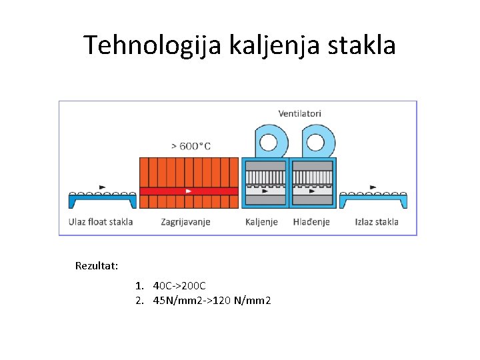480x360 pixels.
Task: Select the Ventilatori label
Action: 299,113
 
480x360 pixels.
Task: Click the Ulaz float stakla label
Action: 101,222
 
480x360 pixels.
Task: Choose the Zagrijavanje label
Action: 185,222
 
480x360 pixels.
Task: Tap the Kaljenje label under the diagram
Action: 261,222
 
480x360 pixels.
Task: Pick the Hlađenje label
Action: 311,222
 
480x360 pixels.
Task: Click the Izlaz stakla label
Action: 377,222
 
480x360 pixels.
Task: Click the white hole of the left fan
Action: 268,143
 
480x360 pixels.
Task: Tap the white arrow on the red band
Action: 189,191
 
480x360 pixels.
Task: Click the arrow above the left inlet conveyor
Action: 102,187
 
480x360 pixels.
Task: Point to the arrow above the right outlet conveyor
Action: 372,187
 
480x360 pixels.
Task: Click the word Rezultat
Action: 97,266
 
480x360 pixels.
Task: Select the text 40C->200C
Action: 179,286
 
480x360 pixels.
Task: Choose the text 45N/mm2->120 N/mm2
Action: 212,301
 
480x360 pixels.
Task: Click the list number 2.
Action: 139,301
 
